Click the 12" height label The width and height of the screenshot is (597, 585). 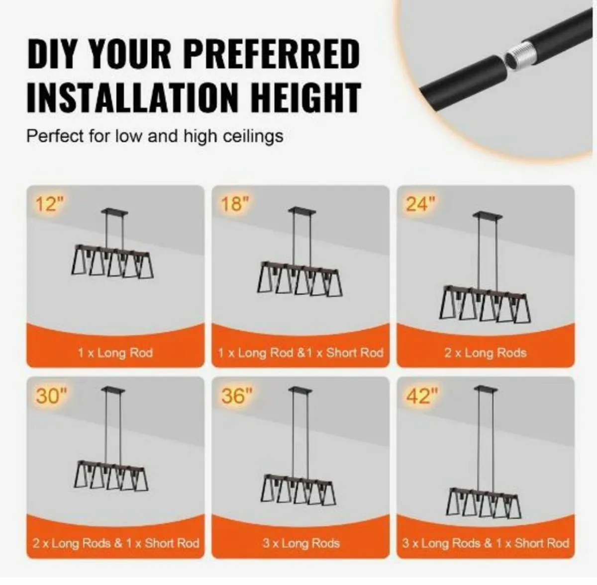(x=50, y=204)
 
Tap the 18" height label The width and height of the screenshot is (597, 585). (x=234, y=204)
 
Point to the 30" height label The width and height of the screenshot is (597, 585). (x=51, y=396)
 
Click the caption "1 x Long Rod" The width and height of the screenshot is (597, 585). (x=115, y=353)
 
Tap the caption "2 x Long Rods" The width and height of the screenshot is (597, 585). (x=485, y=353)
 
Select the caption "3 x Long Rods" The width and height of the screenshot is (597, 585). (x=300, y=543)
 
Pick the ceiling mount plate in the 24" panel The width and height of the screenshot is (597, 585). (x=487, y=215)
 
